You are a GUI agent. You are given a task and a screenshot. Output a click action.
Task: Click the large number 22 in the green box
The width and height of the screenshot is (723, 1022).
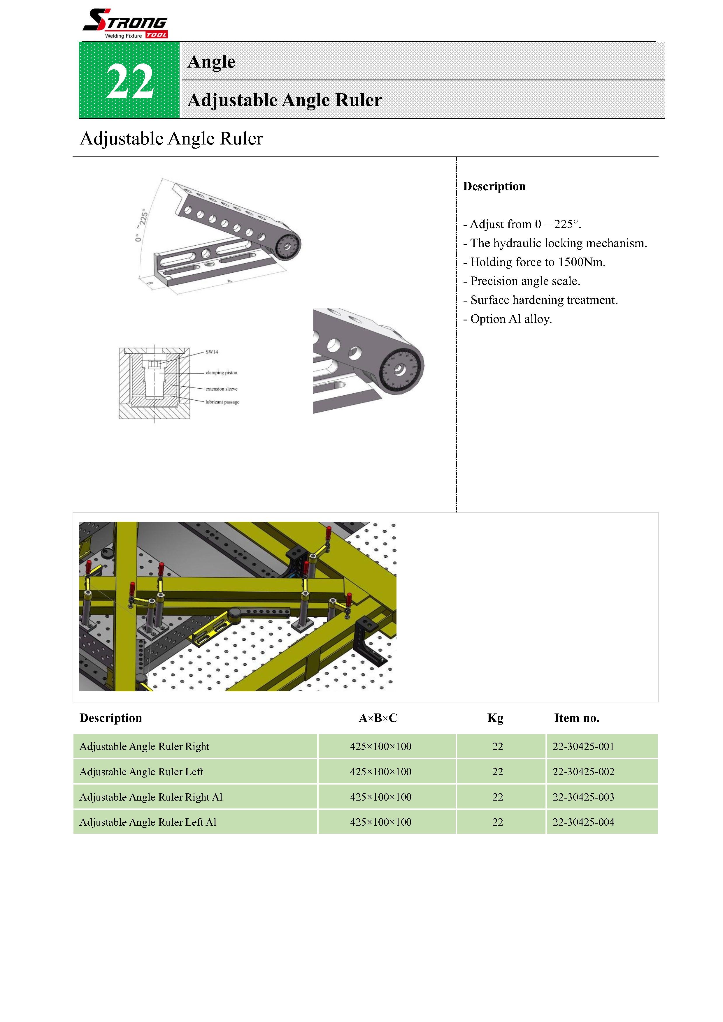130,81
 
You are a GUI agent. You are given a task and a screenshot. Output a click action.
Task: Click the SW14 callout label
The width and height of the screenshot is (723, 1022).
212,352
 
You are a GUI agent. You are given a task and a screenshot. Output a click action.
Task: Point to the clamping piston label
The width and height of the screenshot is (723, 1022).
221,373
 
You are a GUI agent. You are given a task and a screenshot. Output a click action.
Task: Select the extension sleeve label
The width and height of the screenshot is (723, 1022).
221,389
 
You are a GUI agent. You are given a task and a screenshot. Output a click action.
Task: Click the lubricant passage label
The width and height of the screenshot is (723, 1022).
222,402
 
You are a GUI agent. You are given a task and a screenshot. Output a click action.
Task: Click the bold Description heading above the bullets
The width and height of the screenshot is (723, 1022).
494,186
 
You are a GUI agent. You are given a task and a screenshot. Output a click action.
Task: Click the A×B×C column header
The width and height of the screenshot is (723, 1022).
378,718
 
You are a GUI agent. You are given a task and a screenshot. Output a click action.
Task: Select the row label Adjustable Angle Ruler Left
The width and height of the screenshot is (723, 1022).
141,771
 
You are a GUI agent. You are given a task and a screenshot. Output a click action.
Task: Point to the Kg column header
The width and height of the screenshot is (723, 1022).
495,718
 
